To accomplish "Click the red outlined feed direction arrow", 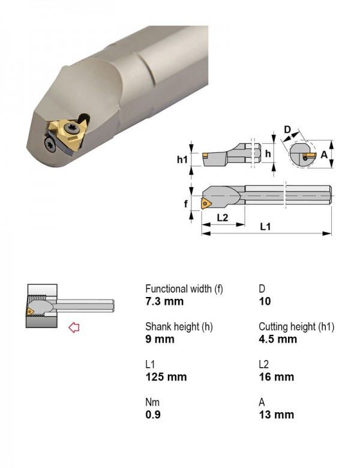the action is [74, 328].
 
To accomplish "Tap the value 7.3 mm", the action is [164, 301].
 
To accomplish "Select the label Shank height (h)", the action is [179, 326].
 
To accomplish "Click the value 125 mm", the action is [166, 377].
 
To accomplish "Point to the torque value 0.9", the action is [153, 415].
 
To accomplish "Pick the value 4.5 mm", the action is [278, 339].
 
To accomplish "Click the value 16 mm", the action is [276, 377].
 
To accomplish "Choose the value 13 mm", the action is [276, 415].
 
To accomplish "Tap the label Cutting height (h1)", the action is [296, 326].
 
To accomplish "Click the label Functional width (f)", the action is [184, 289].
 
